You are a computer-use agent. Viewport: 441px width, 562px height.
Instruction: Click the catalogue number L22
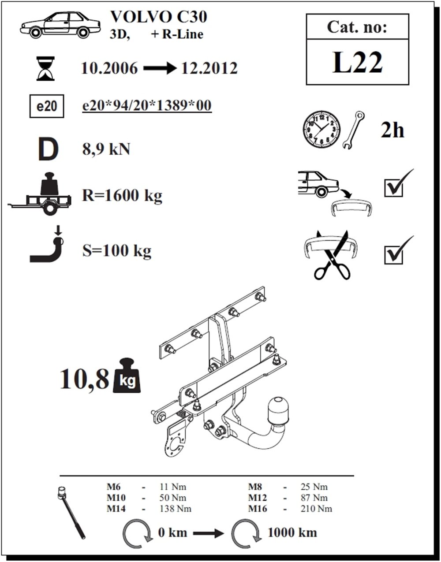tap(357, 62)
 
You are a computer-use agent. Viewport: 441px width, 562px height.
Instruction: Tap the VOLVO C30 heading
tap(159, 17)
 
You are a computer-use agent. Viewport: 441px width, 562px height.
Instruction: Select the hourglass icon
tap(46, 68)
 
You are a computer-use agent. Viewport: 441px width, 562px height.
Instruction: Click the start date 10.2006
tap(109, 68)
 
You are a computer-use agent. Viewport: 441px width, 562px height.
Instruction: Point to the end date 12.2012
tap(209, 68)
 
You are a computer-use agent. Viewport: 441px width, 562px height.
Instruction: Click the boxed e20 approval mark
tap(47, 106)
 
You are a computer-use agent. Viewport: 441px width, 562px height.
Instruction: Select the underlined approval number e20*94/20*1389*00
tap(147, 105)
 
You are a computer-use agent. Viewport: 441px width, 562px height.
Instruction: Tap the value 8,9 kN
tap(106, 149)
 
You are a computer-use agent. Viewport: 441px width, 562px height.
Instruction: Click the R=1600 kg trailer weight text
tap(122, 196)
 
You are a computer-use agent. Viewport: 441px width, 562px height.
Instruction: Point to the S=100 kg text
tap(117, 251)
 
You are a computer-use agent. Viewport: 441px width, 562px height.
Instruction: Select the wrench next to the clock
tap(354, 130)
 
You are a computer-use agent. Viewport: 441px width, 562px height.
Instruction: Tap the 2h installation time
tap(392, 130)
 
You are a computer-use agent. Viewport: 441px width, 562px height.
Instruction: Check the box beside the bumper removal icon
tap(393, 189)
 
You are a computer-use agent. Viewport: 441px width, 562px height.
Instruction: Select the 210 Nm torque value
tap(316, 509)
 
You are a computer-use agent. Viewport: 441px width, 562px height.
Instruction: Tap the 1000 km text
tap(292, 533)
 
